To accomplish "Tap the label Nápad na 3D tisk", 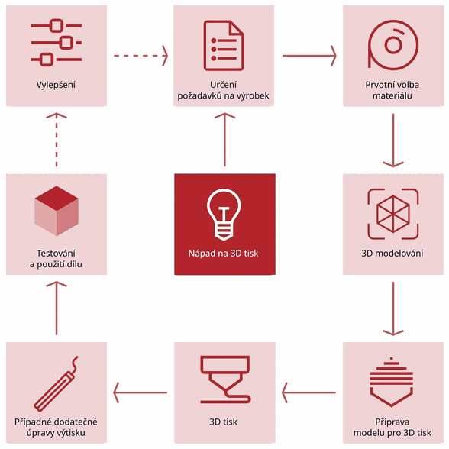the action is pos(223,254).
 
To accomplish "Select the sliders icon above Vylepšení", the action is pos(57,43).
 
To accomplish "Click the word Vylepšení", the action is pos(56,85).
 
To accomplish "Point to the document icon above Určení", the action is pos(224,46).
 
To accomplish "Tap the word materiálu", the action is pos(392,95).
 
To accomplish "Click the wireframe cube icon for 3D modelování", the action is pos(393,214).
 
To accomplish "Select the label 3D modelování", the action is pos(392,254).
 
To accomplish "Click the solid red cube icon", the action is pos(57,211).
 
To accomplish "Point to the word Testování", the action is pos(57,254).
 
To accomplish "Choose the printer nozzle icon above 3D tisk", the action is pos(225,380).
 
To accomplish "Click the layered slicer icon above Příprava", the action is pos(392,382).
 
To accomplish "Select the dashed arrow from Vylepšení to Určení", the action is pos(141,56).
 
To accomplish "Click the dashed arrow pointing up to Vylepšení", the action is pos(57,140).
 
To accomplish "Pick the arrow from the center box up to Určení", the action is pos(224,140).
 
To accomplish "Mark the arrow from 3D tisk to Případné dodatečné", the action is pos(140,392).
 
